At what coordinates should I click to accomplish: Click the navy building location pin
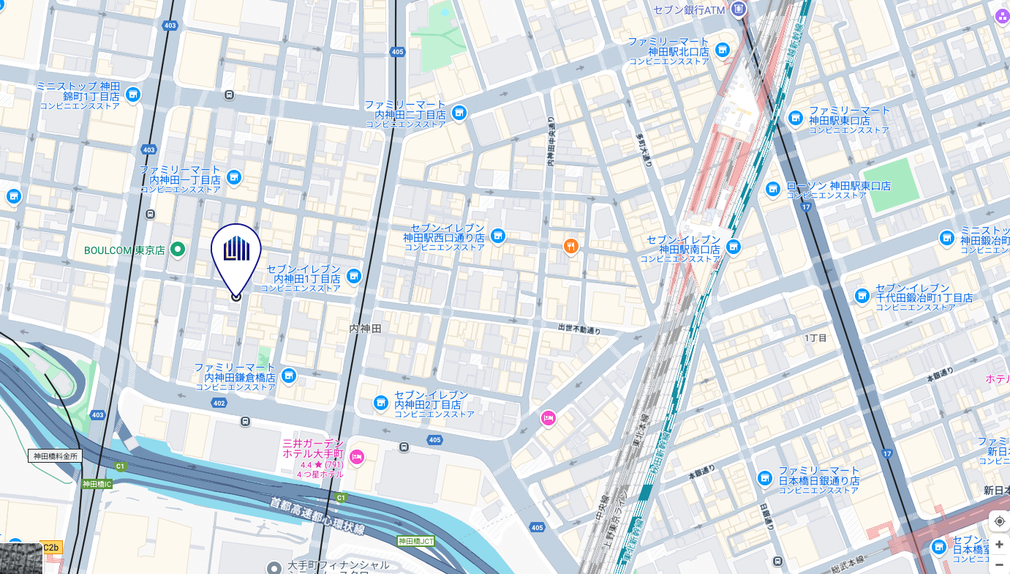pyautogui.click(x=236, y=253)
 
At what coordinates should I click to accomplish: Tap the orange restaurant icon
pyautogui.click(x=571, y=246)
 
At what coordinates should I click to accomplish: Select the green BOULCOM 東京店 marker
pyautogui.click(x=177, y=250)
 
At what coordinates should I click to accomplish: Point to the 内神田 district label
pyautogui.click(x=365, y=329)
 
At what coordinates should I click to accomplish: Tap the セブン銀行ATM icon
pyautogui.click(x=739, y=10)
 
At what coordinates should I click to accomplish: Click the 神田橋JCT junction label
pyautogui.click(x=415, y=541)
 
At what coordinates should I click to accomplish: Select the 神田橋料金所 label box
pyautogui.click(x=55, y=455)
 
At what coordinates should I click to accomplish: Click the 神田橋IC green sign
pyautogui.click(x=97, y=484)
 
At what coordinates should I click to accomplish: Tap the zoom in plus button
pyautogui.click(x=999, y=544)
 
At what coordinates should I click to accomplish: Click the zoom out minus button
pyautogui.click(x=999, y=564)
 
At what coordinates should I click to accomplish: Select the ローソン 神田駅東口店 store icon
pyautogui.click(x=773, y=190)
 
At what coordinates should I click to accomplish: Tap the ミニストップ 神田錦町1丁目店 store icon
pyautogui.click(x=132, y=94)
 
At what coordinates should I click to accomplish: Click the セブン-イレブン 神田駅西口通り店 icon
pyautogui.click(x=498, y=236)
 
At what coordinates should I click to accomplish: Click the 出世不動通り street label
pyautogui.click(x=579, y=329)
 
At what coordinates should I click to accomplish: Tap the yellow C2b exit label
pyautogui.click(x=52, y=547)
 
